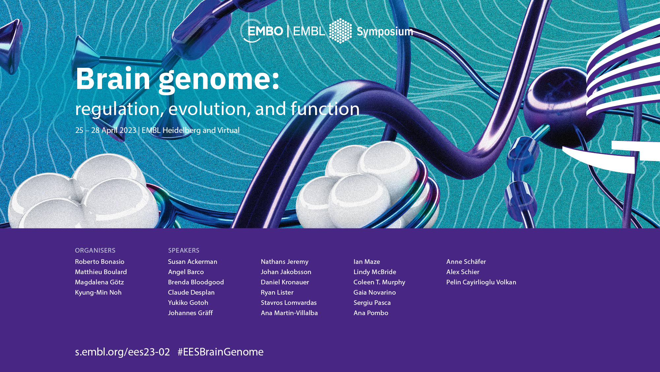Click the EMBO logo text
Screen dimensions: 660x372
[x=265, y=31]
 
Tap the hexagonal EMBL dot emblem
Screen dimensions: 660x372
[x=341, y=31]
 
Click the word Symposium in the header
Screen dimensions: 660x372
[x=385, y=32]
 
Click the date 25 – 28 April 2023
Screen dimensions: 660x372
[x=106, y=130]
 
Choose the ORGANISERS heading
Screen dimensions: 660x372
[x=95, y=250]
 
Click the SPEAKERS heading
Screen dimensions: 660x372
[x=184, y=250]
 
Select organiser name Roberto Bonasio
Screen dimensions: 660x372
[x=100, y=262]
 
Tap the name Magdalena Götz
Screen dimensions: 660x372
[x=99, y=282]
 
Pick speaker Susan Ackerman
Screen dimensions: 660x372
[x=193, y=262]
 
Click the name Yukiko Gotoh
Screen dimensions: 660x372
[x=188, y=303]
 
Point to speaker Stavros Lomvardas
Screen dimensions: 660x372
[x=289, y=303]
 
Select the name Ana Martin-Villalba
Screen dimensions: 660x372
[x=289, y=313]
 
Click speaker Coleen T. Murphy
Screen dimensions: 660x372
[x=379, y=282]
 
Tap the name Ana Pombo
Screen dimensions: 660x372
[x=371, y=313]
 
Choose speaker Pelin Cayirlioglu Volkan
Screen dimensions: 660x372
[x=481, y=282]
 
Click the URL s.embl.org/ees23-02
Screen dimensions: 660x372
[x=122, y=352]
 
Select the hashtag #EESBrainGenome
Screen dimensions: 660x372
[x=220, y=352]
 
